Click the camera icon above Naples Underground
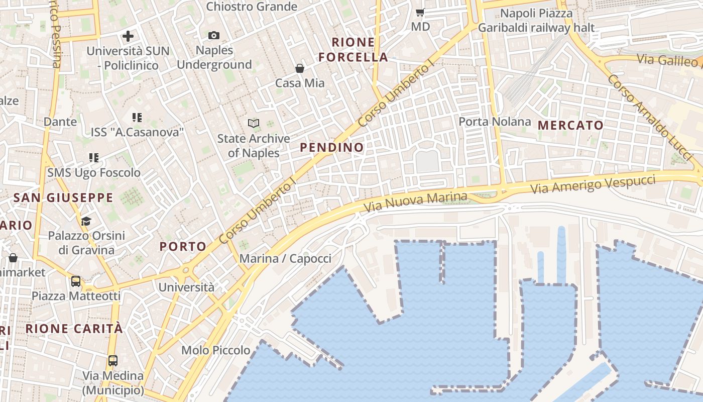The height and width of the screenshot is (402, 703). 214,35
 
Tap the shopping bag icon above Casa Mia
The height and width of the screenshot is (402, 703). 300,68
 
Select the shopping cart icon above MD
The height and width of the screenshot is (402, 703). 420,12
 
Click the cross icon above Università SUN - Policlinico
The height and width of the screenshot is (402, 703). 128,36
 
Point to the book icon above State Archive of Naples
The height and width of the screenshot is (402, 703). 254,123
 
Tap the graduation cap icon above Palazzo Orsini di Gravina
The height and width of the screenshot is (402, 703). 86,221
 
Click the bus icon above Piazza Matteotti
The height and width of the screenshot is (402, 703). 76,281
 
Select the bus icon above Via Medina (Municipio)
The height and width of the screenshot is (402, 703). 113,361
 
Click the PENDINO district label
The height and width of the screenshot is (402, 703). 332,147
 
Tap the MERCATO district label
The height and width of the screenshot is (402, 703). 570,126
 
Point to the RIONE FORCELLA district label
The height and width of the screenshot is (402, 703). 354,50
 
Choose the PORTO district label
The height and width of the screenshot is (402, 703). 183,246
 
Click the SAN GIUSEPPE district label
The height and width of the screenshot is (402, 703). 63,197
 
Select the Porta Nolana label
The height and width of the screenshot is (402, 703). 495,122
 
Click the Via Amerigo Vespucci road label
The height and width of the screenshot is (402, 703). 593,184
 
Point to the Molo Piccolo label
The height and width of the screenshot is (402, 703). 216,350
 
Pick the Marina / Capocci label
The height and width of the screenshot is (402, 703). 285,259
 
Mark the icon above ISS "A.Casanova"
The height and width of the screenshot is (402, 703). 137,118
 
